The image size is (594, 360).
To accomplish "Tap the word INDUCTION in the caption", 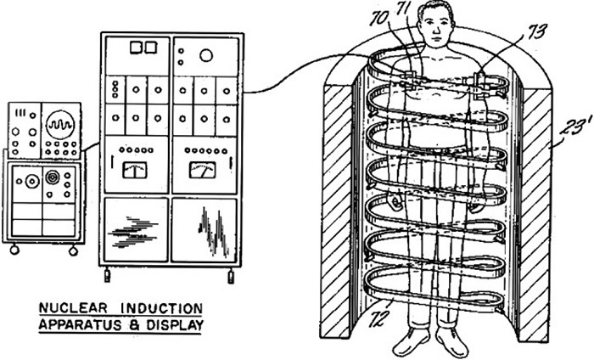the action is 162,308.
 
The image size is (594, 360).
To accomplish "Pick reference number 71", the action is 404,9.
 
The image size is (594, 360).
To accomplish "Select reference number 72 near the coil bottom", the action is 378,318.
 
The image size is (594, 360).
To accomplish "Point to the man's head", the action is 435,23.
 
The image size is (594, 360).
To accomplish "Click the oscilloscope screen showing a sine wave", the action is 60,124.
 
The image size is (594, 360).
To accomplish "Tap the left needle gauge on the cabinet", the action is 134,170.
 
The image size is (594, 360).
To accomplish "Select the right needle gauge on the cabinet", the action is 203,170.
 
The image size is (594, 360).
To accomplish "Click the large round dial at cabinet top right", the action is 206,56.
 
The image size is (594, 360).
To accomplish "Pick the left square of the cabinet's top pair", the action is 136,48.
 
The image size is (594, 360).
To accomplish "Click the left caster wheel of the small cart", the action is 14,250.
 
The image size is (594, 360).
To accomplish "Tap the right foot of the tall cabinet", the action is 231,275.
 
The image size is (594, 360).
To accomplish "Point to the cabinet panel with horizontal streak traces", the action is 136,229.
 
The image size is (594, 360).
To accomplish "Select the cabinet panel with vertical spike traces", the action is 205,229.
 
